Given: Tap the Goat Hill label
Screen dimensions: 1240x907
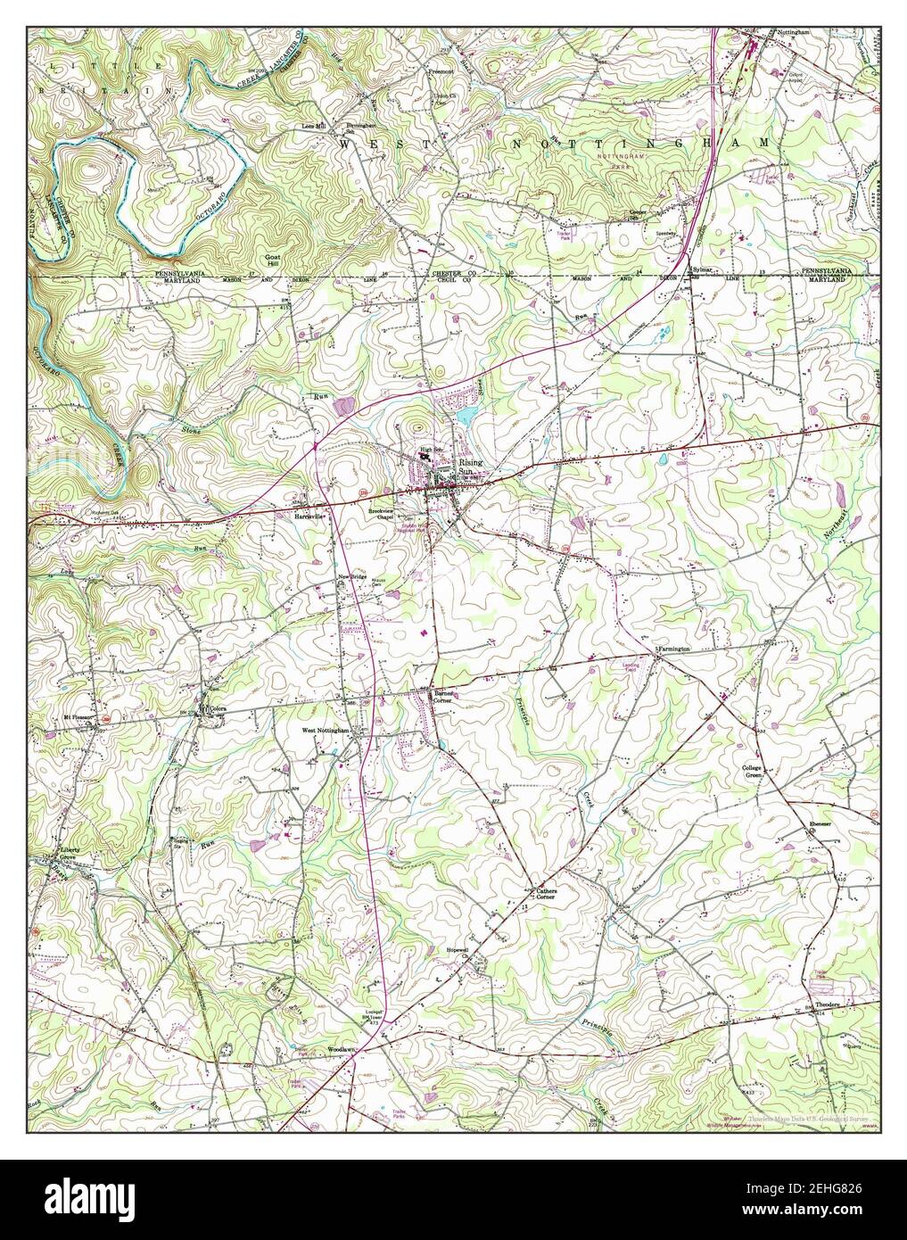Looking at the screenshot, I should click(272, 258).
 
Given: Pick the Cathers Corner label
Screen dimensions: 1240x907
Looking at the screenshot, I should click(546, 893).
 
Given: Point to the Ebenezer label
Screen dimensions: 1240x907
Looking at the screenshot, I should click(820, 823).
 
